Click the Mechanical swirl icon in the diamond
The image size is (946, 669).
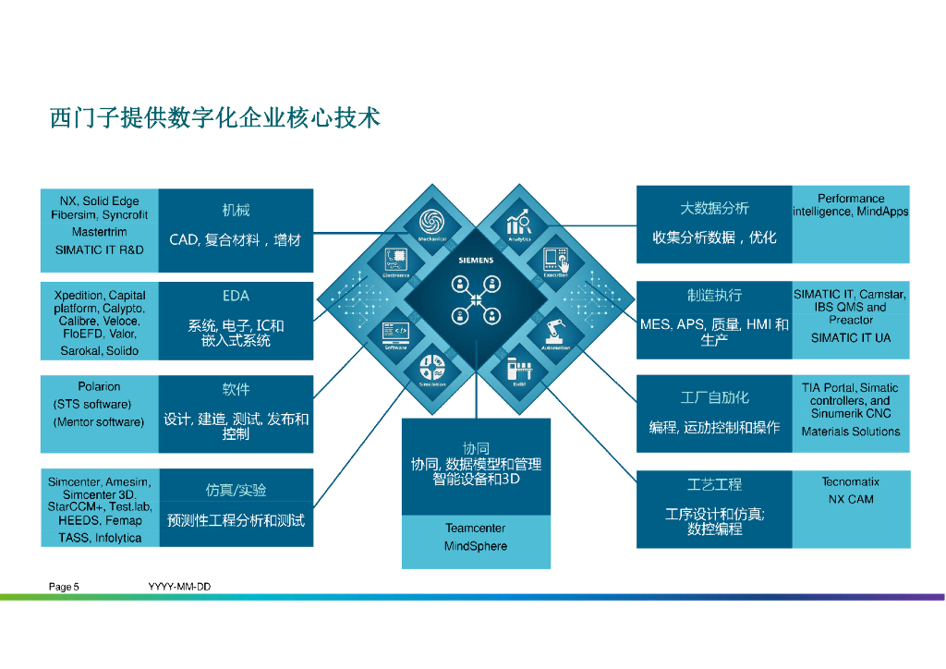pyautogui.click(x=431, y=222)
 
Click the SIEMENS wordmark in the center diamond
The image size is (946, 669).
pyautogui.click(x=476, y=261)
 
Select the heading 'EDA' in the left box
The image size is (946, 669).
pyautogui.click(x=236, y=296)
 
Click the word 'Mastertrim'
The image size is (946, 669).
pyautogui.click(x=100, y=232)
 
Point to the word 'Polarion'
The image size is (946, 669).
pyautogui.click(x=99, y=386)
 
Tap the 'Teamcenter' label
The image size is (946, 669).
pyautogui.click(x=476, y=529)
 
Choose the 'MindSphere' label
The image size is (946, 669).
pyautogui.click(x=476, y=546)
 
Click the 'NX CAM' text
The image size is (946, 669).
pyautogui.click(x=851, y=499)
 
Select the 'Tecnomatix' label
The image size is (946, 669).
pyautogui.click(x=851, y=481)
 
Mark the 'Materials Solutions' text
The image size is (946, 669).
pyautogui.click(x=851, y=432)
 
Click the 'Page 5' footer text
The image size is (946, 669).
pyautogui.click(x=65, y=587)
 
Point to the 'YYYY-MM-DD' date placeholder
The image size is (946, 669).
pyautogui.click(x=174, y=587)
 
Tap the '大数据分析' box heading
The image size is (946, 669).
pyautogui.click(x=714, y=209)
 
